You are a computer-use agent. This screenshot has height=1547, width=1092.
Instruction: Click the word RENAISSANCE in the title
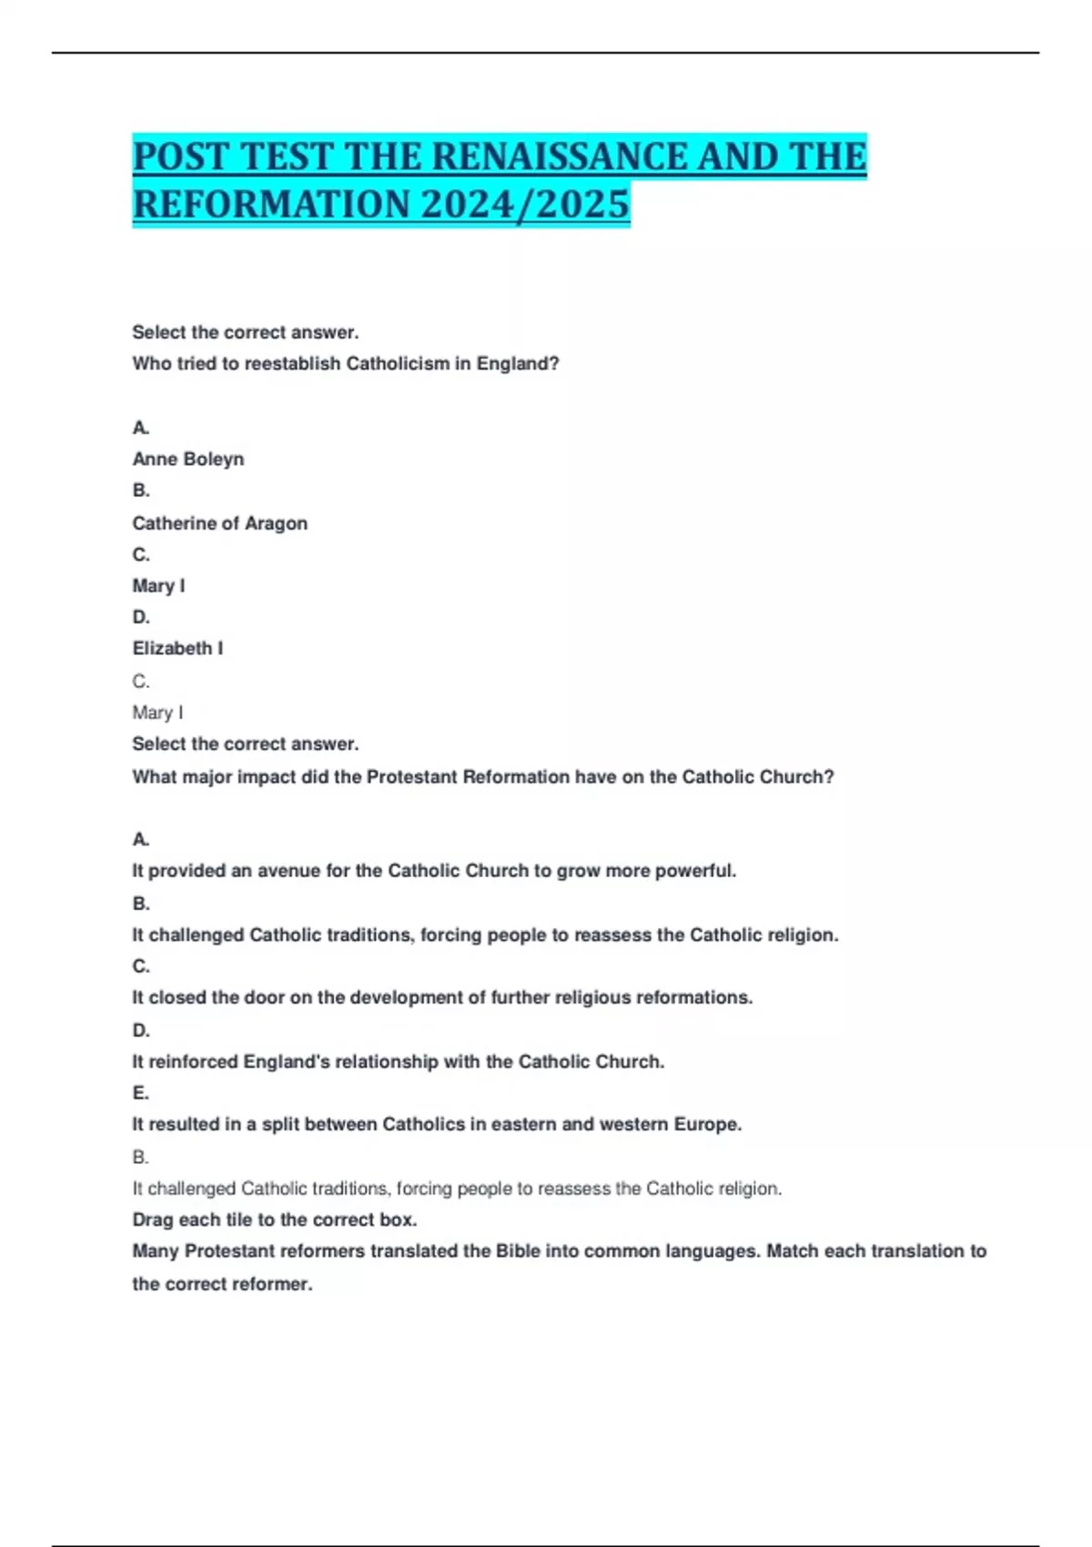pyautogui.click(x=557, y=157)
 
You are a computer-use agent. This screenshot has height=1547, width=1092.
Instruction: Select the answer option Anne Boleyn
pyautogui.click(x=188, y=460)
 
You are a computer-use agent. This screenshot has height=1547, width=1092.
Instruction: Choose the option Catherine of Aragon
pyautogui.click(x=220, y=523)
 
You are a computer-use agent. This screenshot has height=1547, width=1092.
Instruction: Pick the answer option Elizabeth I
pyautogui.click(x=177, y=649)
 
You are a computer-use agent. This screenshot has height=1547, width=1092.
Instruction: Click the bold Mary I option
pyautogui.click(x=158, y=586)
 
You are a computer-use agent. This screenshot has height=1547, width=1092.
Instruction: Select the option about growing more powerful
pyautogui.click(x=434, y=871)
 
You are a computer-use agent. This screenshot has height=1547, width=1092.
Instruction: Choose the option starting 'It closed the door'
pyautogui.click(x=442, y=998)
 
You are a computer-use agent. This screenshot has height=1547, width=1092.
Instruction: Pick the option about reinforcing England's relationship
pyautogui.click(x=399, y=1062)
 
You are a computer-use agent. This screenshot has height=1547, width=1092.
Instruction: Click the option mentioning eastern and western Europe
pyautogui.click(x=437, y=1125)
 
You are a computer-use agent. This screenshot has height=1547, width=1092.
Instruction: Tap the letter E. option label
pyautogui.click(x=141, y=1093)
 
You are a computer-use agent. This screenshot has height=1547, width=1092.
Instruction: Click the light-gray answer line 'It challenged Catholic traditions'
pyautogui.click(x=457, y=1188)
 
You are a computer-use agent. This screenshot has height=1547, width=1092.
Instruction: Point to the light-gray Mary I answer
pyautogui.click(x=157, y=713)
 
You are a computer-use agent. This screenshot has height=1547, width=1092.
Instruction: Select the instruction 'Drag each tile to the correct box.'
pyautogui.click(x=275, y=1220)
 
